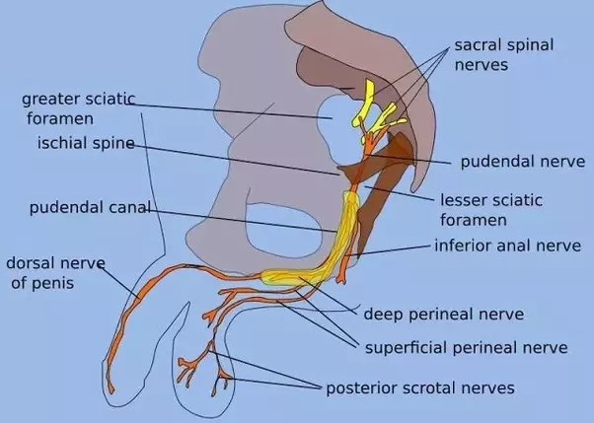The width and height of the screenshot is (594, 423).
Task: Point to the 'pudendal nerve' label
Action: tap(522, 161)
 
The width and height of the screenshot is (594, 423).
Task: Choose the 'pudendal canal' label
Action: tap(90, 208)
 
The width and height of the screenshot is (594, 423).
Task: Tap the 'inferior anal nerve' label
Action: tap(508, 246)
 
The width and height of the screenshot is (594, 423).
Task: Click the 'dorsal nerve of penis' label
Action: tap(54, 272)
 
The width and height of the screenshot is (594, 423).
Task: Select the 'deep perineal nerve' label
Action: tap(443, 315)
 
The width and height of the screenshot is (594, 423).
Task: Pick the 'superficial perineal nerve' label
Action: tap(466, 347)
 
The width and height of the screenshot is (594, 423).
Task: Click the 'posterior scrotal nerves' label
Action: tap(420, 388)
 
